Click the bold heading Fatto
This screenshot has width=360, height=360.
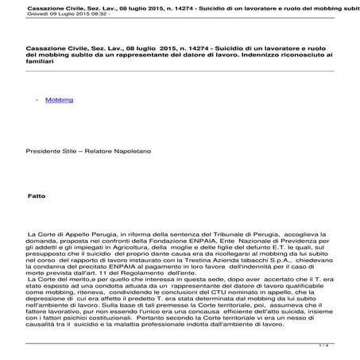[37, 195]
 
